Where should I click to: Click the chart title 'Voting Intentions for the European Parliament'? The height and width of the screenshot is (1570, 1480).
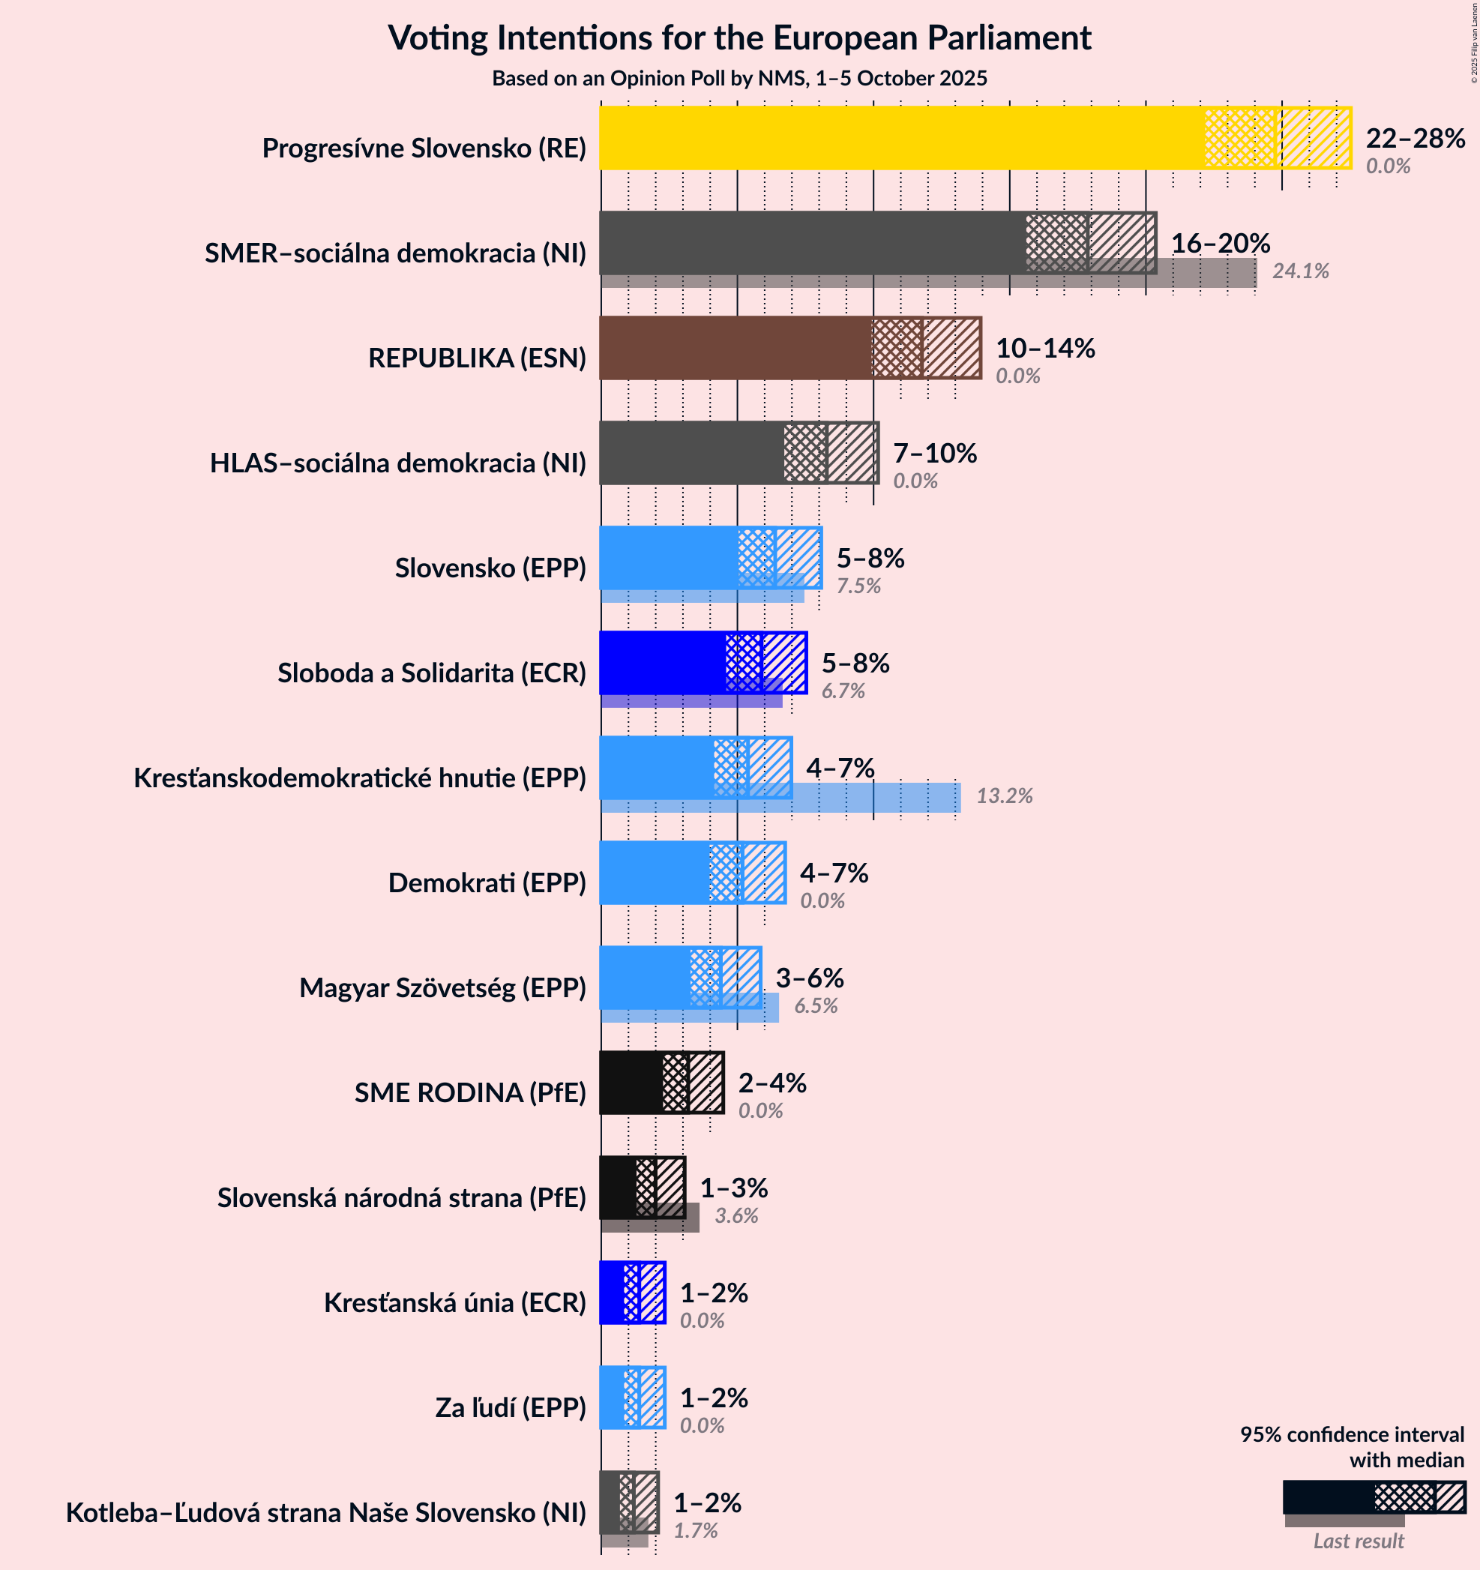pos(739,38)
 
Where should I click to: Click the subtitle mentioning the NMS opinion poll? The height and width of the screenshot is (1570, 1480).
pos(739,78)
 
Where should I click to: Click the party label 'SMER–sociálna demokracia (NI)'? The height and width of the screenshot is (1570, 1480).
pos(395,253)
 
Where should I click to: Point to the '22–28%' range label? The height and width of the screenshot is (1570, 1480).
pos(1416,139)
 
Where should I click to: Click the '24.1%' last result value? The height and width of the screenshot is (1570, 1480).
pos(1301,271)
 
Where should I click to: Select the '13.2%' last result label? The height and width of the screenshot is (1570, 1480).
pos(1005,796)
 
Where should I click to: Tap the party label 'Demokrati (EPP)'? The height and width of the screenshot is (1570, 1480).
pos(487,883)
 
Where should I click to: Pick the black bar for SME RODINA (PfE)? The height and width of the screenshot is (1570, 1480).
pos(632,1083)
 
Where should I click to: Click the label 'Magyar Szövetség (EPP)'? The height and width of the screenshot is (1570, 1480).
pos(442,988)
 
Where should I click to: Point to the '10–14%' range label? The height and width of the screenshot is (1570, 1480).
pos(1045,349)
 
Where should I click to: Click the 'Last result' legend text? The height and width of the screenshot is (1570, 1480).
pos(1359,1542)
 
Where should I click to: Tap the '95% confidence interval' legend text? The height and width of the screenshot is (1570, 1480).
pos(1352,1435)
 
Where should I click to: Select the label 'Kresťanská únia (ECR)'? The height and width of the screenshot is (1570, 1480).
pos(455,1303)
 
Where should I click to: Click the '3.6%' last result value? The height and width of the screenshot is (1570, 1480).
pos(736,1216)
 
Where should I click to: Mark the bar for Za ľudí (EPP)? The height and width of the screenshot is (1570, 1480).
pos(612,1398)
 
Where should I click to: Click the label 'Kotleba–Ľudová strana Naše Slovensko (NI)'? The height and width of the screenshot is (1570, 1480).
pos(325,1513)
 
